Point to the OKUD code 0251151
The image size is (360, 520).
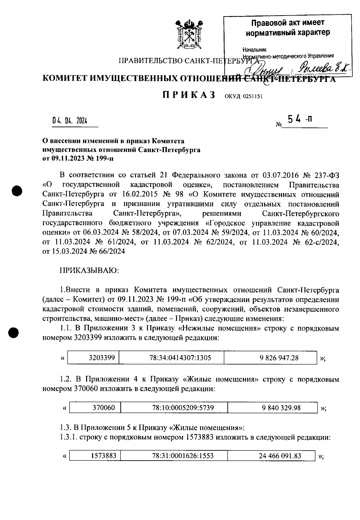click(x=243, y=97)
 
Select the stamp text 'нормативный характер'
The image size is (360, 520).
click(x=288, y=32)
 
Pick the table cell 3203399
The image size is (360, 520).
click(x=102, y=358)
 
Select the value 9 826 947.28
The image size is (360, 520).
click(x=279, y=358)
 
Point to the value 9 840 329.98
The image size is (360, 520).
click(x=281, y=408)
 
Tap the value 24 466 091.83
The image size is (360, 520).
click(x=280, y=456)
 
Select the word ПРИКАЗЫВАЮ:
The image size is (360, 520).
click(x=90, y=270)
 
